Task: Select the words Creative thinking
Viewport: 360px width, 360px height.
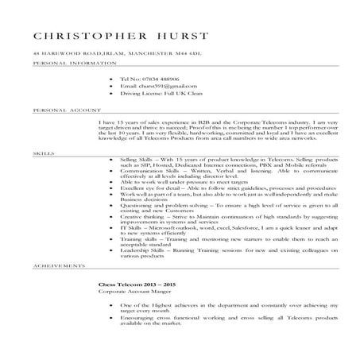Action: point(139,215)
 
